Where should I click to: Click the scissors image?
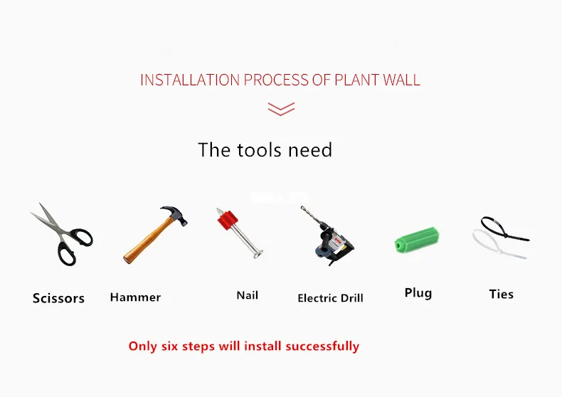click(x=61, y=234)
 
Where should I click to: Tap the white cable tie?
click(x=498, y=245)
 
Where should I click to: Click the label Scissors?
click(x=58, y=298)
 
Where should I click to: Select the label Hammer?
click(x=135, y=297)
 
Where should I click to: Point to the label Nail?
click(x=247, y=295)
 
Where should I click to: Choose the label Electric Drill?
click(x=330, y=298)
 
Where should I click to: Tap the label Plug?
click(x=418, y=292)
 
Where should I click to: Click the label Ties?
click(x=501, y=294)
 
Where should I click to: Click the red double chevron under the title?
click(x=280, y=108)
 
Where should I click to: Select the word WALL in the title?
click(x=402, y=79)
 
